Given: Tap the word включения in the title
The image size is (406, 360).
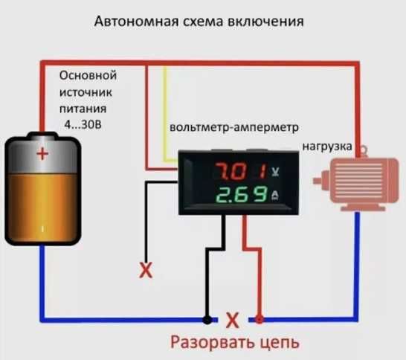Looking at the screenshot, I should point(267,21).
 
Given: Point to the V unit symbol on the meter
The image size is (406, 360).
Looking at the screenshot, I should point(276,172).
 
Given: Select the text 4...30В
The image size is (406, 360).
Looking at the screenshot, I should point(87,124).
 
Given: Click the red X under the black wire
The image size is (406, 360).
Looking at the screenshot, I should point(146,271).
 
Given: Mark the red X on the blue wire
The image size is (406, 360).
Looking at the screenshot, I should point(232,321).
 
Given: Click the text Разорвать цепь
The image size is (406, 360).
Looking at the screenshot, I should point(236,343).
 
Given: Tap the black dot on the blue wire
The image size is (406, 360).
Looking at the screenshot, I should point(206,320).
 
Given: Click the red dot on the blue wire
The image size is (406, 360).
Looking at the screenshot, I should point(259,320).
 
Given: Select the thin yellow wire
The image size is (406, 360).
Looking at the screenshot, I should point(164,104).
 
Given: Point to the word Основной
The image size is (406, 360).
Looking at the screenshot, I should point(88,76).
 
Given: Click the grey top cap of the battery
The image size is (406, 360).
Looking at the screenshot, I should point(42,137).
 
